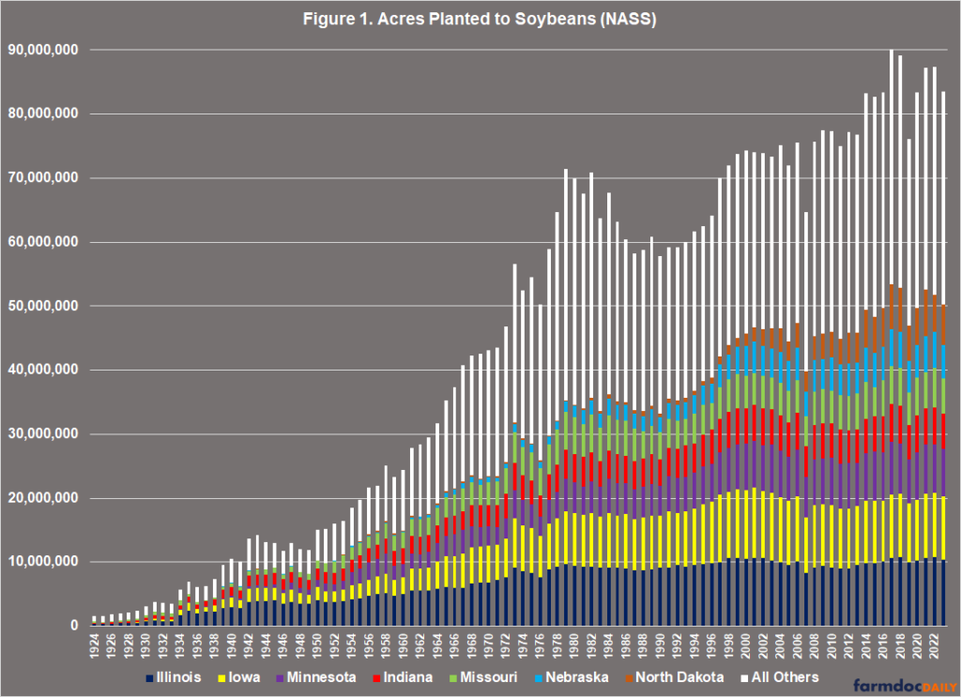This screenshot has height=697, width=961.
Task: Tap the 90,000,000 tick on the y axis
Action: pyautogui.click(x=44, y=50)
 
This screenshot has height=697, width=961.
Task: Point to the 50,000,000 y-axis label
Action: pyautogui.click(x=44, y=306)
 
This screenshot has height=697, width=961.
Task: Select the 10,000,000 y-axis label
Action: pyautogui.click(x=44, y=562)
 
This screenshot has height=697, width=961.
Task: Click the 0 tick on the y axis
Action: pyautogui.click(x=77, y=626)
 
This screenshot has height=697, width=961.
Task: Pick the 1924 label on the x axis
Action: pyautogui.click(x=96, y=644)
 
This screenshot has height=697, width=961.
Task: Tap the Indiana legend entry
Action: pyautogui.click(x=405, y=677)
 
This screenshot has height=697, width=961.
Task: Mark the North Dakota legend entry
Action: pyautogui.click(x=679, y=677)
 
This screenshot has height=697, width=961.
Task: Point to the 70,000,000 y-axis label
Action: pyautogui.click(x=44, y=178)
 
